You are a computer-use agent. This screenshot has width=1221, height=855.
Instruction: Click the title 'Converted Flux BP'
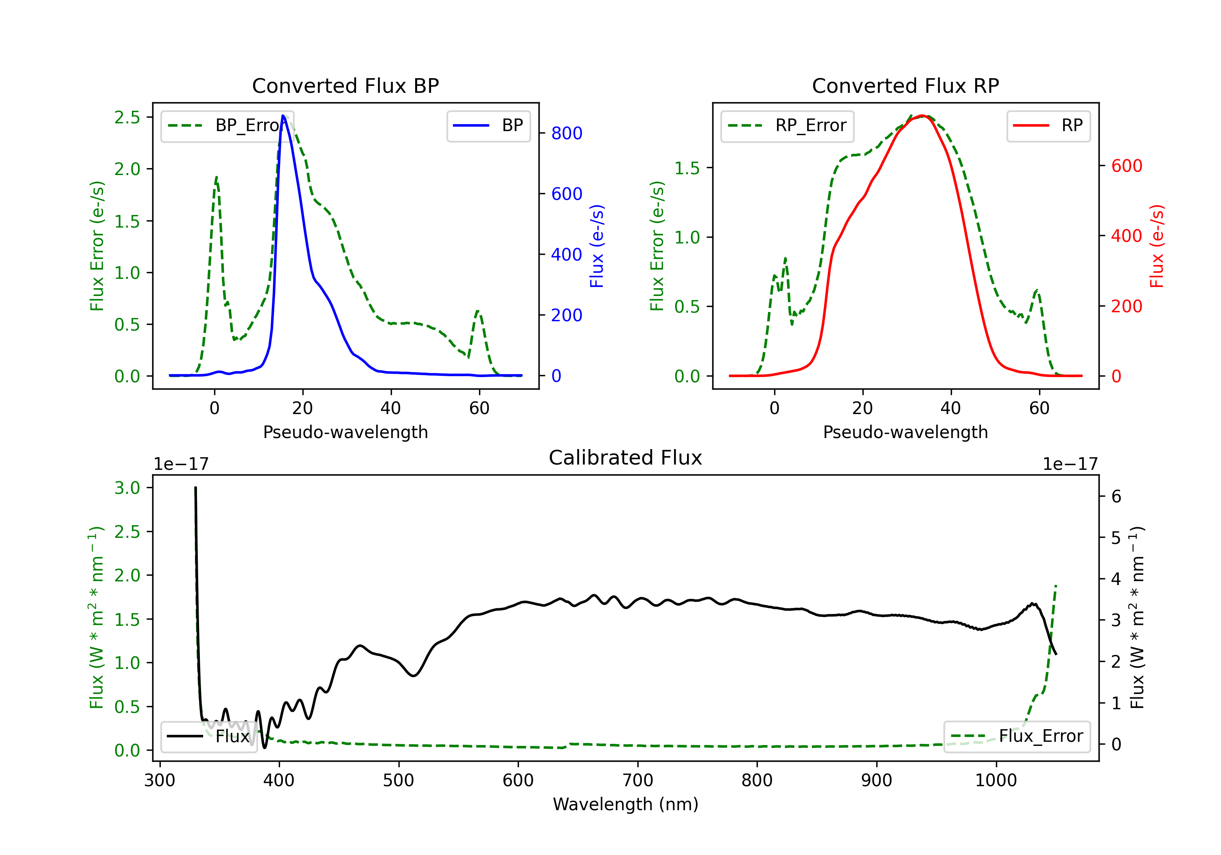(x=345, y=85)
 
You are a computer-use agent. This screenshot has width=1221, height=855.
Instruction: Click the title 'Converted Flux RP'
(x=905, y=85)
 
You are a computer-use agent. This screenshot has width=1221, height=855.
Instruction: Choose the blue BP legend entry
(x=488, y=125)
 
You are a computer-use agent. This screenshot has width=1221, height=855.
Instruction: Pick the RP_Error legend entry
(x=787, y=125)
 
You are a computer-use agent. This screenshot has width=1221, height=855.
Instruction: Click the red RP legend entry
(x=1048, y=125)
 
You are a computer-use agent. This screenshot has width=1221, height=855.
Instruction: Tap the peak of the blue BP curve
(x=283, y=116)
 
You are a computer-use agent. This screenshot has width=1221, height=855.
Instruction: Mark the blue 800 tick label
(x=567, y=133)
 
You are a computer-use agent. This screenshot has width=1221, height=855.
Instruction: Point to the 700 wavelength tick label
(x=637, y=780)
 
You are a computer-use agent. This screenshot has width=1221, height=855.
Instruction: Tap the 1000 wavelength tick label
(x=996, y=780)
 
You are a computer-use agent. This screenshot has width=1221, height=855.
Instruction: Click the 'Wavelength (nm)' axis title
(x=626, y=804)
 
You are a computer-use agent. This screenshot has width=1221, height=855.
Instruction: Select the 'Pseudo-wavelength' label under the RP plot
(x=905, y=432)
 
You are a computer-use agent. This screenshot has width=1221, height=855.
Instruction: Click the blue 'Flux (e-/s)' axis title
(x=597, y=246)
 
